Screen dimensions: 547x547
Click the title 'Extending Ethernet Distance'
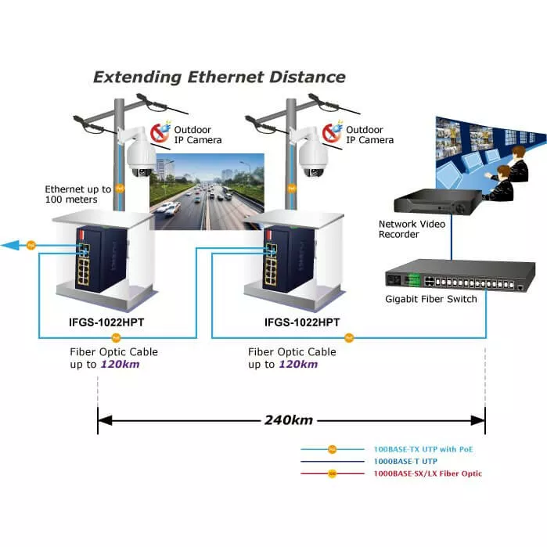(x=219, y=77)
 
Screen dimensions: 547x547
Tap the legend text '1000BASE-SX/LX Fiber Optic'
(x=428, y=473)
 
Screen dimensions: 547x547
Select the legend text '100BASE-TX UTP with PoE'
(x=423, y=449)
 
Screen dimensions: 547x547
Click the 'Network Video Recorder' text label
(x=412, y=229)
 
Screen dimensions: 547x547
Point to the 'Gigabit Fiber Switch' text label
(x=430, y=299)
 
